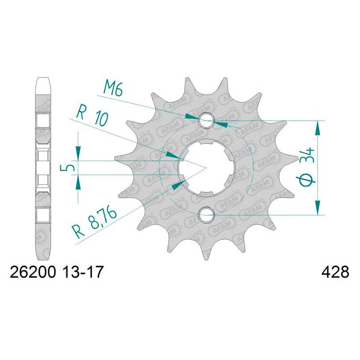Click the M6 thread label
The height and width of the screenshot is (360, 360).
tap(113, 88)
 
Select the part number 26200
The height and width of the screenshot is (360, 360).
tap(33, 272)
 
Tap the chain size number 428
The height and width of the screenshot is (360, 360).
tap(335, 272)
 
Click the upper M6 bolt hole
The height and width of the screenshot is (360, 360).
tap(207, 120)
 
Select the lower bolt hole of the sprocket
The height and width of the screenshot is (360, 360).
tap(207, 215)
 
